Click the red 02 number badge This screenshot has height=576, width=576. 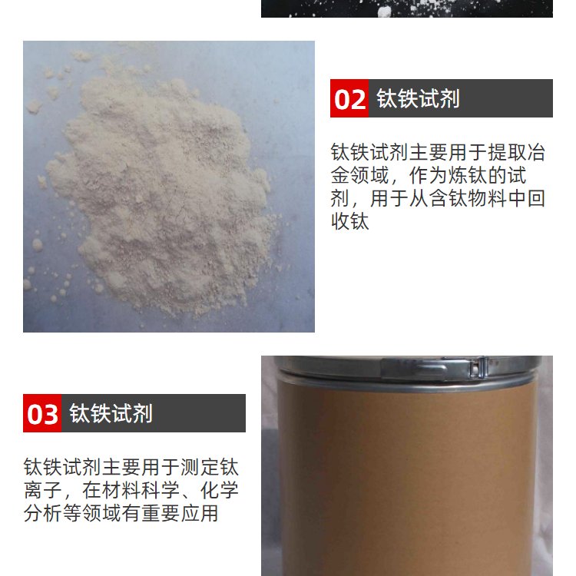pos(349,98)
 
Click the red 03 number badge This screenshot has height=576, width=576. pos(42,413)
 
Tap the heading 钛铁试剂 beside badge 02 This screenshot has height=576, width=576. pos(418,98)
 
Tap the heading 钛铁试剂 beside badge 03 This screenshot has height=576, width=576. pos(111,413)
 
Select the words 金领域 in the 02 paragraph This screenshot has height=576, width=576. pos(359,176)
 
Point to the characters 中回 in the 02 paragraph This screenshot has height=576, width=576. pos(526,199)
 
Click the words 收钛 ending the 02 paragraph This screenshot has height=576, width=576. pos(349,221)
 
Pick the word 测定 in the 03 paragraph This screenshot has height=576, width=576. pos(200,467)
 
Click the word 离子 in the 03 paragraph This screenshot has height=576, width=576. pos(42,490)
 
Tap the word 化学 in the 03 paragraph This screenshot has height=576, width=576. pos(220,490)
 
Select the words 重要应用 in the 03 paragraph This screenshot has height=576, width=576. pos(180,513)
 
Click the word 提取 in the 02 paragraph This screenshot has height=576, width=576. pos(507,153)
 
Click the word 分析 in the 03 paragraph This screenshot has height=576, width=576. pos(42,513)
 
